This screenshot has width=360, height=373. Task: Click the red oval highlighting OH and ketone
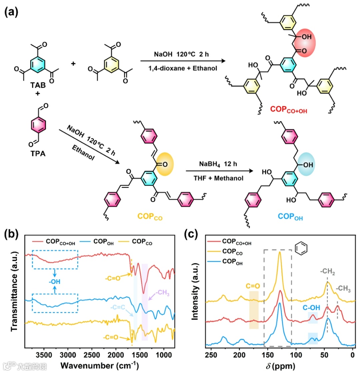(304, 43)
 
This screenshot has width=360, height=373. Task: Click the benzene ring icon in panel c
(300, 250)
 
